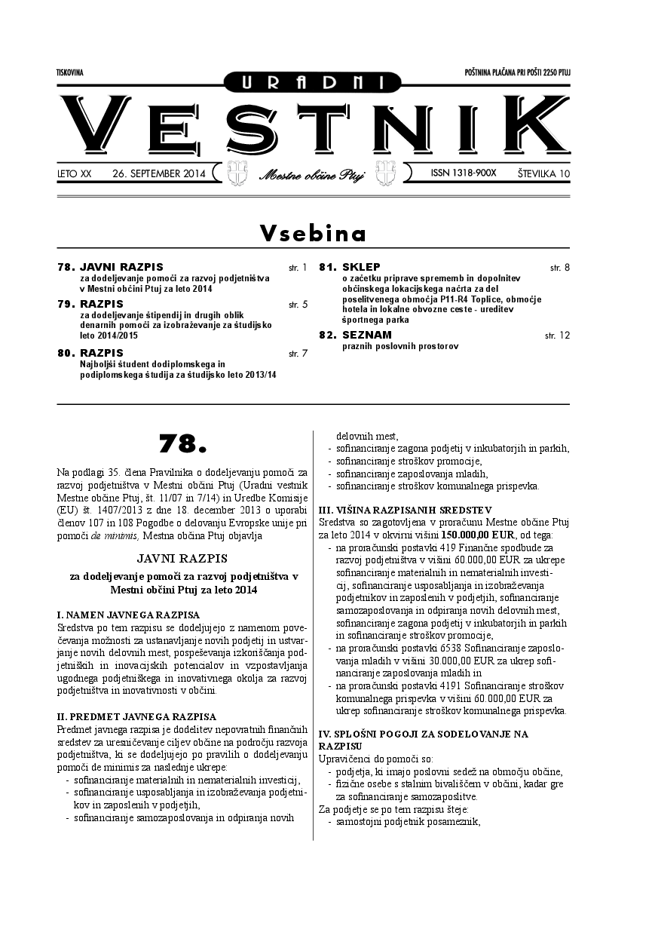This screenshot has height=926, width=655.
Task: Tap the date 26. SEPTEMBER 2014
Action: (158, 173)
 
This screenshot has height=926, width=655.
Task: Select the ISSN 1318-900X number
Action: (463, 173)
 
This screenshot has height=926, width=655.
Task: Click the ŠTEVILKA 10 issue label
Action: (543, 173)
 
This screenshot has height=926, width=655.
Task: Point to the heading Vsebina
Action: (313, 234)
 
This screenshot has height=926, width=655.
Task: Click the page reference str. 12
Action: (557, 334)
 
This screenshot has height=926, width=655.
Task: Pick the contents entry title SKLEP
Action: (361, 267)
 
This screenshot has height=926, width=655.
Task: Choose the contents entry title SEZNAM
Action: (366, 334)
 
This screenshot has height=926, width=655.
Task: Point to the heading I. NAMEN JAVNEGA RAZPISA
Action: (128, 615)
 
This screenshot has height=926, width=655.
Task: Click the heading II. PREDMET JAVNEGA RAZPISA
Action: (136, 716)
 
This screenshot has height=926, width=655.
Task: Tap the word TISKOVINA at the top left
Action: (69, 72)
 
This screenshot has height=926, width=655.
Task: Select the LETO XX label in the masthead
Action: (74, 173)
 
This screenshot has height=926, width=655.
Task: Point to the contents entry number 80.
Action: (66, 353)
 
